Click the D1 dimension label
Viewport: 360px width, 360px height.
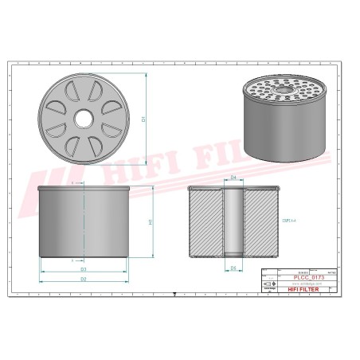pyautogui.click(x=143, y=119)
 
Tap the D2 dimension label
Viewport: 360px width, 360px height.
pyautogui.click(x=83, y=280)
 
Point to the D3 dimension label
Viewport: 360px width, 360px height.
pyautogui.click(x=83, y=269)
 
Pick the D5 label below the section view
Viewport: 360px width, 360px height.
pyautogui.click(x=233, y=268)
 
